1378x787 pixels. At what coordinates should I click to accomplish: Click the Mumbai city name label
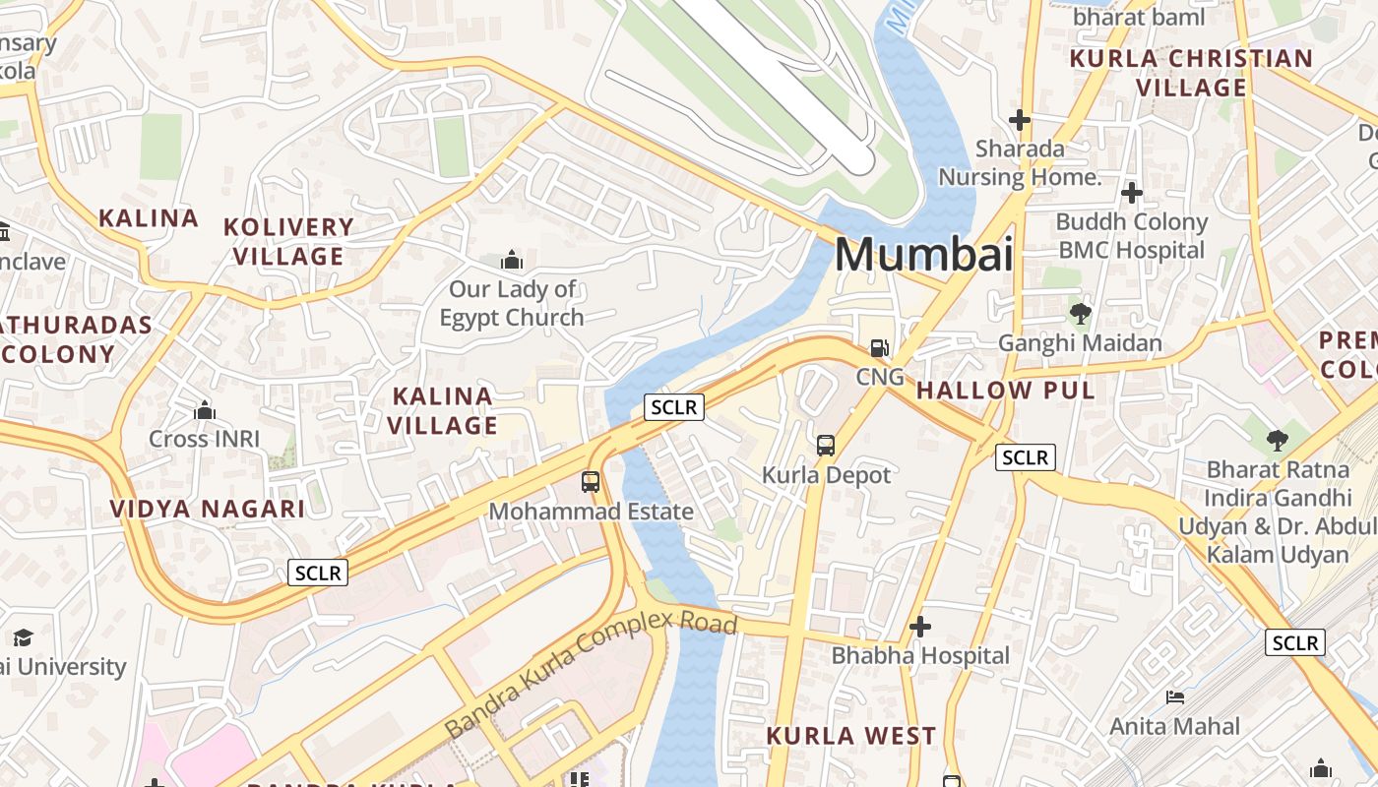923,255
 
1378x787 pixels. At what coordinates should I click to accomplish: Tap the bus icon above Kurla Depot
826,445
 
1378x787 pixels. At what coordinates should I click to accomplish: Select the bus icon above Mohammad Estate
591,482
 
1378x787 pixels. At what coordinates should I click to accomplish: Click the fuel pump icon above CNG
879,348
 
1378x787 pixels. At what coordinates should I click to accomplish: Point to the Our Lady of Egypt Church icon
512,261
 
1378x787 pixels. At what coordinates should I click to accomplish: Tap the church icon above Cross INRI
205,409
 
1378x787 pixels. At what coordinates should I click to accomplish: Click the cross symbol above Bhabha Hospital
920,627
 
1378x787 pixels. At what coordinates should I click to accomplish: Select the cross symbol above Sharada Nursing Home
1020,120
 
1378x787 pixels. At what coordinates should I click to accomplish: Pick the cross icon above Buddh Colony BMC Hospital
1132,193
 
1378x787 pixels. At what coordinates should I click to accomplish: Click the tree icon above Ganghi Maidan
1080,314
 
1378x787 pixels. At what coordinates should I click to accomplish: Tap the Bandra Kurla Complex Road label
591,674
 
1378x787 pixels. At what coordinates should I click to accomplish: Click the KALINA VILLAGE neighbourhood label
442,411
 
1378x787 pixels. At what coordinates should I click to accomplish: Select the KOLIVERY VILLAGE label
288,241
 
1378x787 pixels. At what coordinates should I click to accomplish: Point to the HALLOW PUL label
1005,391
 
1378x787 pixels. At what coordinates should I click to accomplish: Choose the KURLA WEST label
850,736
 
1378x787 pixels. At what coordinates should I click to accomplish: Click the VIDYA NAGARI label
207,509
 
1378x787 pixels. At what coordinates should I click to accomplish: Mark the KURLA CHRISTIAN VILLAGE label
1191,73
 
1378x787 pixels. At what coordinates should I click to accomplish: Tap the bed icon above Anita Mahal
1174,697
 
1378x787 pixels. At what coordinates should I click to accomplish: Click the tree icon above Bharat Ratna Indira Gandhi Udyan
1277,440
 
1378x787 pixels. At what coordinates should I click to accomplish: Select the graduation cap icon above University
23,637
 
